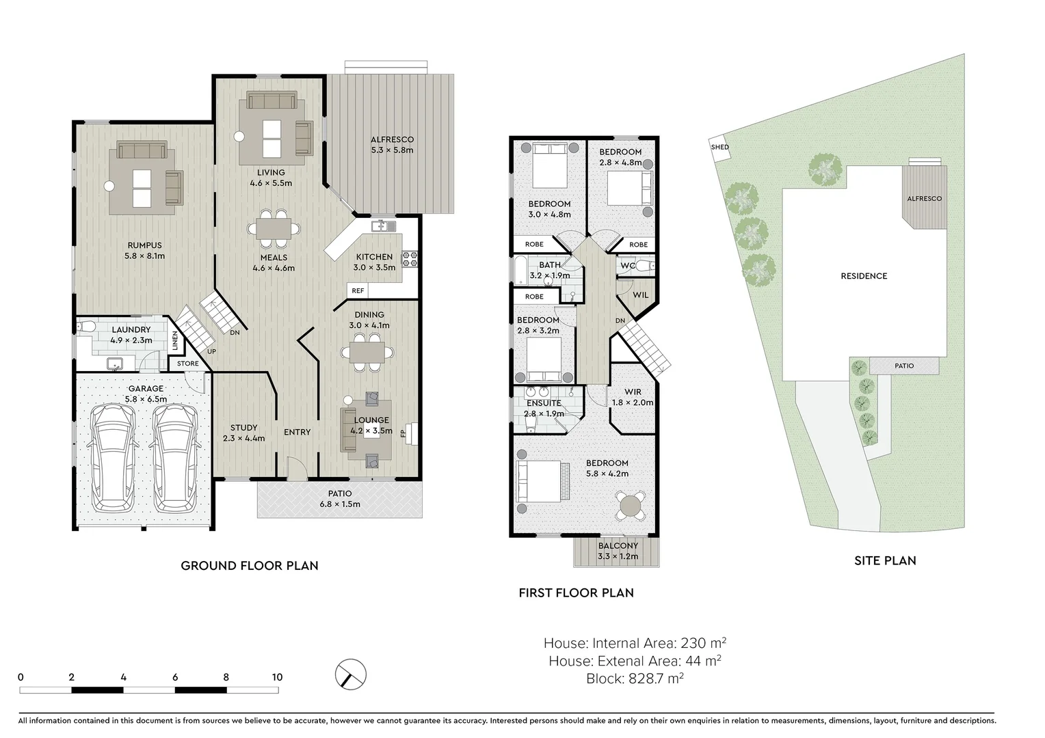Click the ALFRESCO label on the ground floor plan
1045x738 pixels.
[x=392, y=140]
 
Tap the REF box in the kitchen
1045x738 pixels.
[x=358, y=290]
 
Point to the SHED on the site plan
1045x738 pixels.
[x=719, y=148]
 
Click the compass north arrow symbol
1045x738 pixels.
[x=351, y=675]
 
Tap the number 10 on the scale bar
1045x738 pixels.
[x=276, y=677]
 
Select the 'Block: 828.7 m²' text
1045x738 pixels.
[x=634, y=679]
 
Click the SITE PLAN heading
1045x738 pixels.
[x=885, y=561]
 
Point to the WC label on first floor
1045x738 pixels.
[x=628, y=265]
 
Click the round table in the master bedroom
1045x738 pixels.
[x=630, y=506]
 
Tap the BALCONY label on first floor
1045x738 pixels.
[x=618, y=546]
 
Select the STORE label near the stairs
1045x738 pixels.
[x=188, y=364]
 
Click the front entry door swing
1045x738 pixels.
[x=296, y=469]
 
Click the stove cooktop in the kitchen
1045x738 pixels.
[x=410, y=258]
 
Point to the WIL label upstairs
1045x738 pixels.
[x=640, y=295]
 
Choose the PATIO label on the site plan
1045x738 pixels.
[x=904, y=366]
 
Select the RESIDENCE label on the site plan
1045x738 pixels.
[x=864, y=276]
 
